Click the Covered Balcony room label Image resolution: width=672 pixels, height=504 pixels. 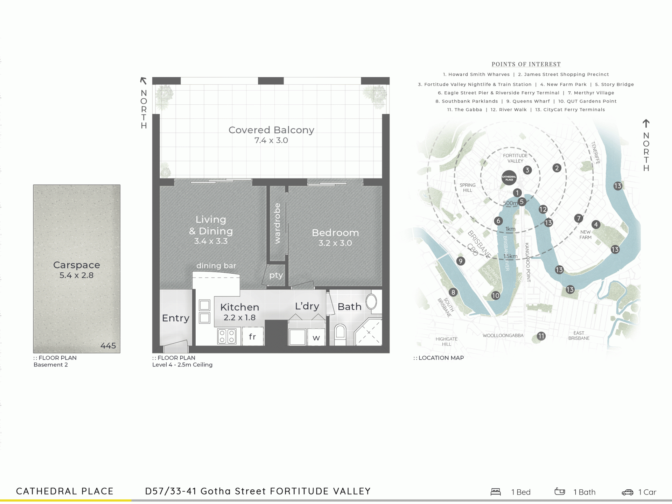point(271,130)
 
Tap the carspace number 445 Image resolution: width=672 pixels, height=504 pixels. point(108,346)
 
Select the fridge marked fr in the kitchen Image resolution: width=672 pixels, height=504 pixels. point(252,336)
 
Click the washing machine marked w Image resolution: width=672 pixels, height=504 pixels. point(316,338)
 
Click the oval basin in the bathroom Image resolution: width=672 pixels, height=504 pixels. point(371,302)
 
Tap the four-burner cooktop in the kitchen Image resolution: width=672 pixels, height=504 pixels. point(227,336)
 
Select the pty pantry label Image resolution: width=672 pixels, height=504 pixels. point(276,275)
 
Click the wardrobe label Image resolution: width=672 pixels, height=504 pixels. point(278,223)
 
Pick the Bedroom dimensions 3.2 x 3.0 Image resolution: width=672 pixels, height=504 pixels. point(335,243)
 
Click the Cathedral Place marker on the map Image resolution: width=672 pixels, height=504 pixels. point(509,177)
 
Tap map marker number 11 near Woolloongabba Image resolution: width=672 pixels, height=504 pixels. point(541,336)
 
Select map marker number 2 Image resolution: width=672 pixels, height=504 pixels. point(557,168)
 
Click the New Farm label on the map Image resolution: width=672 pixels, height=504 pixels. point(586,234)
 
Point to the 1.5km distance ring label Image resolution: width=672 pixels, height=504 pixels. point(510,256)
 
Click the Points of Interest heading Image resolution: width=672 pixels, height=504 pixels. point(526,64)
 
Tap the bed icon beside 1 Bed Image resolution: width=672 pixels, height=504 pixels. point(496,492)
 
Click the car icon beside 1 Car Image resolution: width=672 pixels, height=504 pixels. point(628,492)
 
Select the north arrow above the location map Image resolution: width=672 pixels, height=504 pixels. point(646,124)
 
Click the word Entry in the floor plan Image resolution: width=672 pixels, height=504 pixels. point(176,318)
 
